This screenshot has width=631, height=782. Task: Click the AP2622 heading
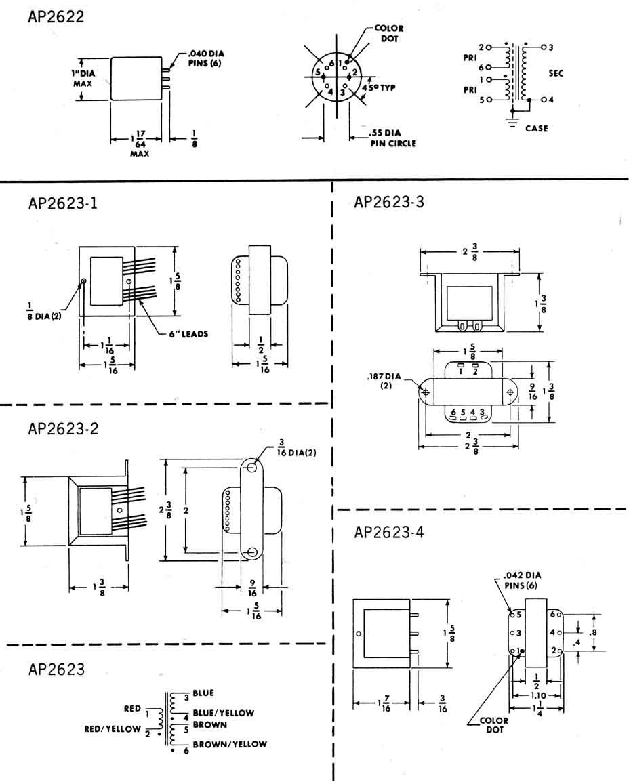coord(56,16)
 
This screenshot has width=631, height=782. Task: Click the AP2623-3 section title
coord(389,202)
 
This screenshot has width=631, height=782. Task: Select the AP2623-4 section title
coord(389,532)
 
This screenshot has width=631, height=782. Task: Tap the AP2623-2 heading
coord(63,428)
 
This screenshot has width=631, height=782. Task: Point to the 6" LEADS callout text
coord(188,333)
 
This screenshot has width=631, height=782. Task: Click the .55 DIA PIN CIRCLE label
coord(392,138)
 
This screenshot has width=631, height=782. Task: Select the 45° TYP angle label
coord(378,88)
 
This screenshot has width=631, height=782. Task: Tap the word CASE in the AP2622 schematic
coord(537,128)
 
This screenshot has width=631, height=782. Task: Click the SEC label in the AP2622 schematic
coord(556,73)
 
